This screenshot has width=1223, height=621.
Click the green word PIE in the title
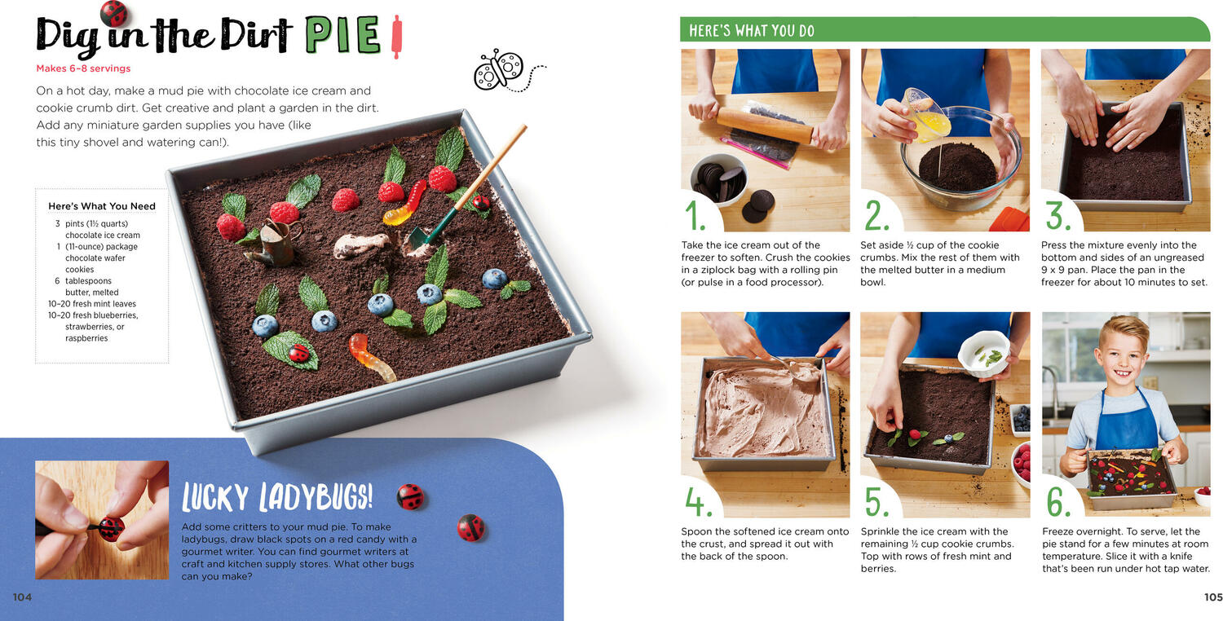coord(342,36)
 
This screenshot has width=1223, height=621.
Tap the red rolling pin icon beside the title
coord(397,37)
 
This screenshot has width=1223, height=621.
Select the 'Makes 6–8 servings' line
coord(83,68)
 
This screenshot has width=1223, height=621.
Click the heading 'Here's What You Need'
coord(102,205)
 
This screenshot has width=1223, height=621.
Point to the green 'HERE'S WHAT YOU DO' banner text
coord(751,30)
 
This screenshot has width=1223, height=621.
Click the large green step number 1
coord(695,215)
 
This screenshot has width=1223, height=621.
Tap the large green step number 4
coord(698,501)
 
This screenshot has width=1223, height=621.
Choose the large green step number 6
coord(1058,501)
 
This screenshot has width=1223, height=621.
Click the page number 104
coord(22,597)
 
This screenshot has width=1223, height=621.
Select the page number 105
coord(1213,597)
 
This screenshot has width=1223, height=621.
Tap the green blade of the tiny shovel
coord(421,237)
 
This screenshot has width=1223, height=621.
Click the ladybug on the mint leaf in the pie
coord(298,353)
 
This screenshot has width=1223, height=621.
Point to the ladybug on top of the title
coord(113,12)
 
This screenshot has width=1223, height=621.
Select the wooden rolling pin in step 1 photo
coord(766,126)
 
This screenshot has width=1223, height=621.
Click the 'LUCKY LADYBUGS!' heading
coord(277,496)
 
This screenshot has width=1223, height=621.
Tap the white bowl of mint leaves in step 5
coord(984,355)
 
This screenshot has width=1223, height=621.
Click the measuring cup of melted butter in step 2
coord(926,115)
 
